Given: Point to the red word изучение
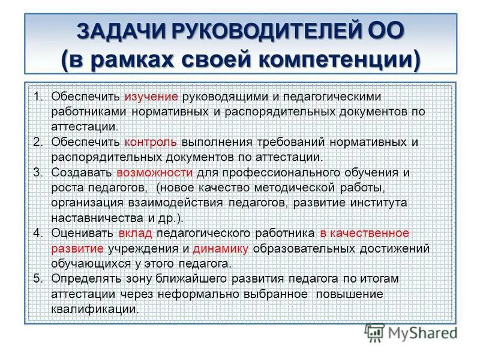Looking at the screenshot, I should click(151, 97).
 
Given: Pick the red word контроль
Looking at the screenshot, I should click(151, 142).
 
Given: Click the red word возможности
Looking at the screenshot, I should click(155, 173).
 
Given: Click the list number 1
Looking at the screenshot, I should click(38, 97).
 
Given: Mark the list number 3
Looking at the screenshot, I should click(38, 173).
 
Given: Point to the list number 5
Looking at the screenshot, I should click(38, 279).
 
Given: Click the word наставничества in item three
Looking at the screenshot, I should click(89, 218).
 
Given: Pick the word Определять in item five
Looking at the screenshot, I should click(85, 279).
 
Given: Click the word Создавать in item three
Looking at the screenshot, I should click(82, 173).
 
